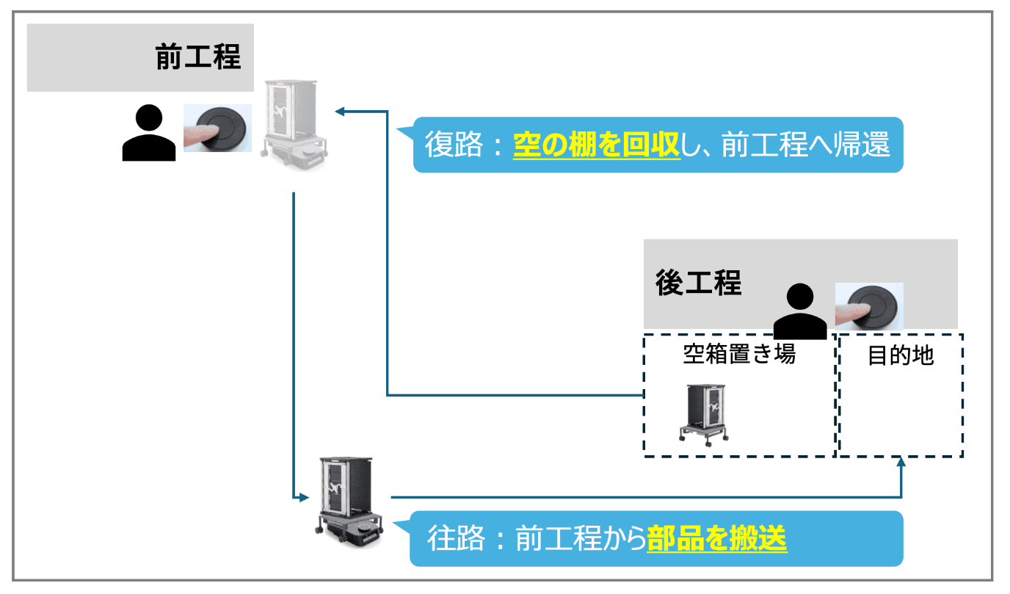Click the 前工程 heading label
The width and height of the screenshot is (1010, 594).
pyautogui.click(x=198, y=57)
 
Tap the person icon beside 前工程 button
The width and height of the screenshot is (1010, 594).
pyautogui.click(x=149, y=133)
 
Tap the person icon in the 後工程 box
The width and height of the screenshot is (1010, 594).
pyautogui.click(x=799, y=312)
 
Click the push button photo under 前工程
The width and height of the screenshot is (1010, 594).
pyautogui.click(x=217, y=128)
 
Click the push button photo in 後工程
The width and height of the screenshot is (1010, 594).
pyautogui.click(x=869, y=305)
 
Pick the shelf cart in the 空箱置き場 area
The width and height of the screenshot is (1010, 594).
pyautogui.click(x=704, y=413)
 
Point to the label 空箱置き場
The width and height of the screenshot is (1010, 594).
pyautogui.click(x=739, y=355)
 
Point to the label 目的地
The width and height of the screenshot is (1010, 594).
pyautogui.click(x=901, y=355)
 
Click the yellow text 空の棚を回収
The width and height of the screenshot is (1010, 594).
pyautogui.click(x=596, y=145)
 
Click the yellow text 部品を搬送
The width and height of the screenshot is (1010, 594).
pyautogui.click(x=716, y=540)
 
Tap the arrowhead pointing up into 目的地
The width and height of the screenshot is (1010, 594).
pyautogui.click(x=901, y=463)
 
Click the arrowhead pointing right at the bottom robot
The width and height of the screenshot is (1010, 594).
pyautogui.click(x=303, y=497)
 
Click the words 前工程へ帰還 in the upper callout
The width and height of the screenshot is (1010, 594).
pyautogui.click(x=805, y=145)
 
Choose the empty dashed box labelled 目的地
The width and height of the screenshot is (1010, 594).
pyautogui.click(x=901, y=411)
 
